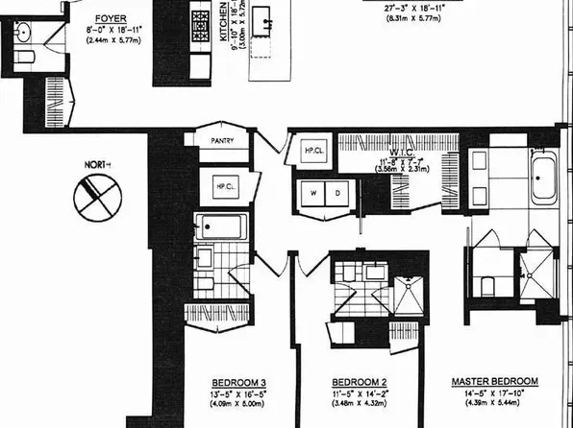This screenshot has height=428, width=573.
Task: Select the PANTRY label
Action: point(222,140)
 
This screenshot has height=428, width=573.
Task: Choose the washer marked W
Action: point(312,192)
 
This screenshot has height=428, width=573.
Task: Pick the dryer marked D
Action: point(337,192)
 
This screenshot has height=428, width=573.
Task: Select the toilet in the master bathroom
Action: point(485,286)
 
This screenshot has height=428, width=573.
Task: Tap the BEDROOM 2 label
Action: point(357,381)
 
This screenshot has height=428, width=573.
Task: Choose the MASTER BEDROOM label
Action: point(494,381)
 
